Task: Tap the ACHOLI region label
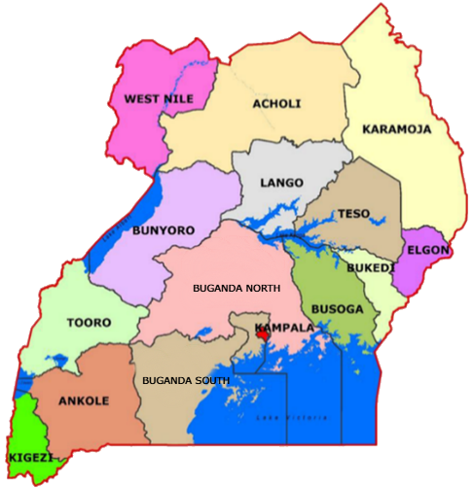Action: point(276,104)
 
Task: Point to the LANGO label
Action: point(281,183)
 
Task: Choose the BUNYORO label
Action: point(164,230)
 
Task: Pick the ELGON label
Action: point(427,250)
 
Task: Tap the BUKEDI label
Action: point(371,267)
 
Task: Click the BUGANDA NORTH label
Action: point(236,288)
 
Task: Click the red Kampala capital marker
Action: point(263,335)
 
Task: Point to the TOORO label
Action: point(89,323)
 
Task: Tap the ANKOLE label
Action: point(84,401)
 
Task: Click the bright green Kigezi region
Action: point(34,433)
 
